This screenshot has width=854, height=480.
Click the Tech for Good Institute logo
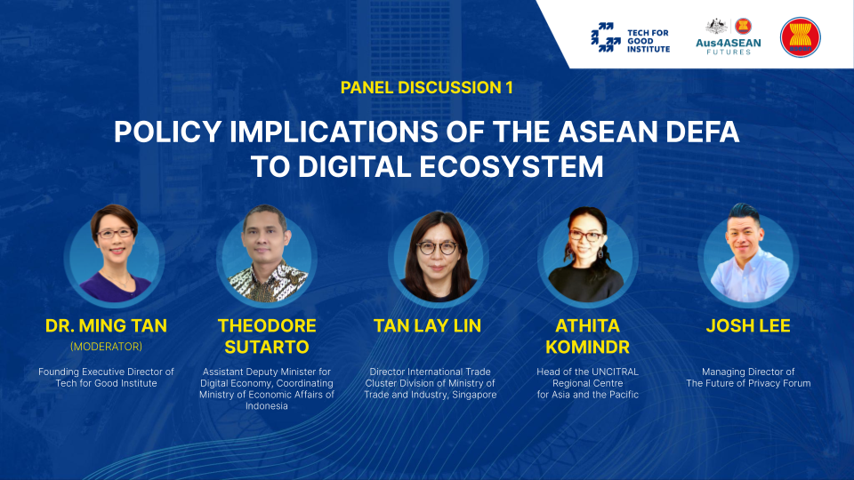(630, 37)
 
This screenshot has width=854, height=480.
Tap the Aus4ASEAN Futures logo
(729, 36)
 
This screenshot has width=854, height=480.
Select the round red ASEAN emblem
(800, 37)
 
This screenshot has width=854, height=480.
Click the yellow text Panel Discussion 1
(426, 88)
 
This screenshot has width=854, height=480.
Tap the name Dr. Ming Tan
(106, 325)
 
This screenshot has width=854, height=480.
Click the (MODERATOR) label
(106, 347)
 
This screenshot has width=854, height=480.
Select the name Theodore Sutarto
(267, 336)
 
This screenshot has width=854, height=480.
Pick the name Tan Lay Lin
(428, 325)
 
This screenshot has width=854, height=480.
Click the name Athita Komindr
(588, 336)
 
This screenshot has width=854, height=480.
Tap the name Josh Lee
(748, 325)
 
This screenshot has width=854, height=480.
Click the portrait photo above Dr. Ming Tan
(115, 255)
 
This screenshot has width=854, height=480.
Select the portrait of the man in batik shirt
(267, 255)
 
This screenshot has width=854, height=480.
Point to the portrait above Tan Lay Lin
(438, 257)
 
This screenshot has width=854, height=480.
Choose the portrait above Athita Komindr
(588, 255)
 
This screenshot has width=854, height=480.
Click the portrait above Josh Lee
(748, 255)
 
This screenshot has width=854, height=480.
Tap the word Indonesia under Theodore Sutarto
(266, 406)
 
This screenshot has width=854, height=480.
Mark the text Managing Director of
(748, 372)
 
